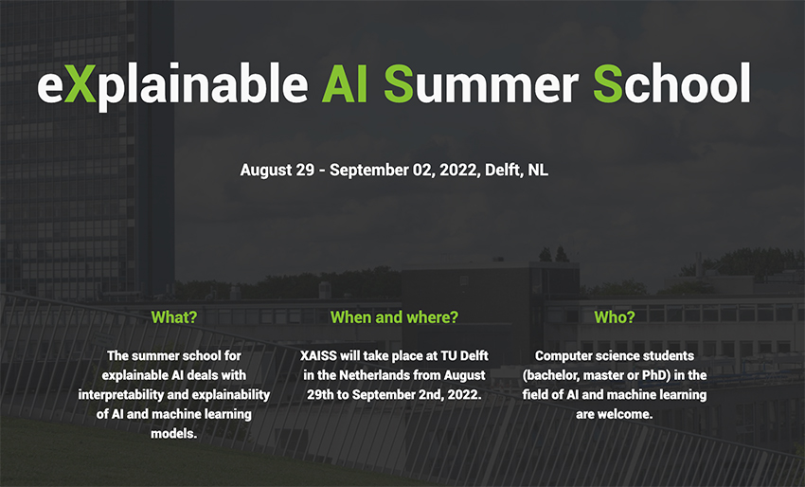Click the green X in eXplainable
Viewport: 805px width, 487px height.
pyautogui.click(x=80, y=83)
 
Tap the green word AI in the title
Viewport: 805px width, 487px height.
pyautogui.click(x=345, y=83)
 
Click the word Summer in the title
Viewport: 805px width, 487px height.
pyautogui.click(x=481, y=83)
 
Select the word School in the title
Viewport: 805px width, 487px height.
pyautogui.click(x=672, y=83)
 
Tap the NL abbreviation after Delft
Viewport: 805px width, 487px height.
pyautogui.click(x=538, y=170)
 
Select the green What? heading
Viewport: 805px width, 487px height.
pyautogui.click(x=174, y=317)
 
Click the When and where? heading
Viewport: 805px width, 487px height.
pyautogui.click(x=394, y=317)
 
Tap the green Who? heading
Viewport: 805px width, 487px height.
pyautogui.click(x=615, y=317)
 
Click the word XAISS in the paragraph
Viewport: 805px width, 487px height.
pyautogui.click(x=318, y=355)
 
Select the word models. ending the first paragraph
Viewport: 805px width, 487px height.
pyautogui.click(x=174, y=434)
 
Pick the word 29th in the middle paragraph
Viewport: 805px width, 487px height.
pyautogui.click(x=320, y=394)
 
